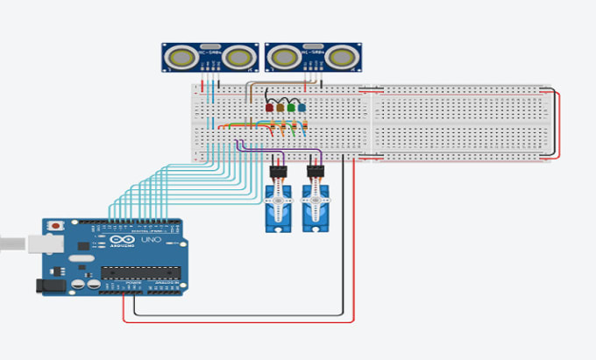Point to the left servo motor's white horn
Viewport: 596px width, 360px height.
pos(278,208)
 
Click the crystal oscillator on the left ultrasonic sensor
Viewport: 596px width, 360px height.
pos(210,46)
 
